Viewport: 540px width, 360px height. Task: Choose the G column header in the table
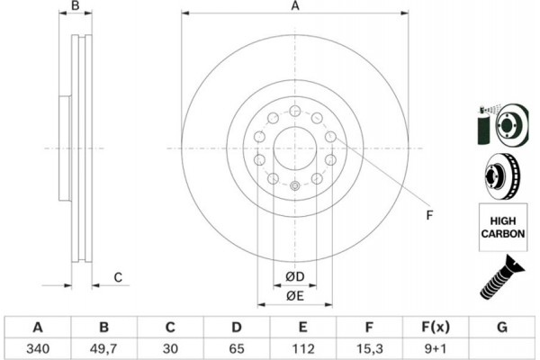501,327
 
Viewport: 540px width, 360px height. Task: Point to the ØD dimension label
293,275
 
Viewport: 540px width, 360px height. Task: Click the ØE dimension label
293,295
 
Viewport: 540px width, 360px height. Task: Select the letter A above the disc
294,7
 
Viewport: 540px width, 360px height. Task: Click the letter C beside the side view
118,276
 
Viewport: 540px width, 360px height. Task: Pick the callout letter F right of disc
430,214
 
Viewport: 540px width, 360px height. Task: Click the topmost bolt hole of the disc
294,110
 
